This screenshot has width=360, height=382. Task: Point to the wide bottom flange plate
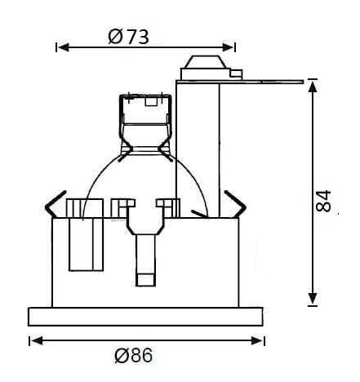coord(146,316)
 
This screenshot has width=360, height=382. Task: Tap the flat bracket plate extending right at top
coord(269,80)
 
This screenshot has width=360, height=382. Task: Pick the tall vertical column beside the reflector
coord(198,147)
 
